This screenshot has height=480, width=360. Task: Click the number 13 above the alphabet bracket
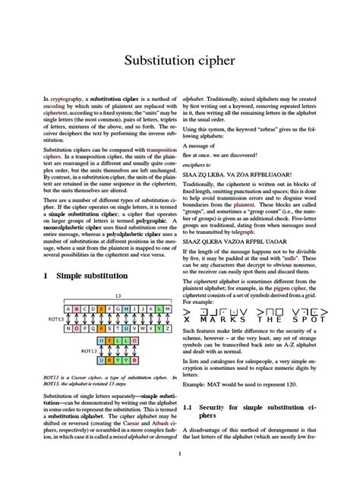tap(118, 295)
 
